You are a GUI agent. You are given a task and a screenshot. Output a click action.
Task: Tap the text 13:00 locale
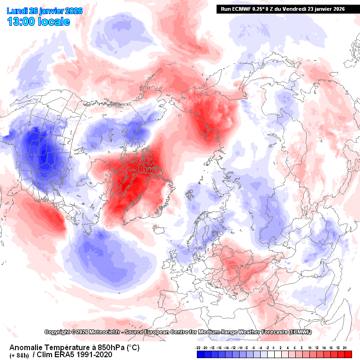pos(38,22)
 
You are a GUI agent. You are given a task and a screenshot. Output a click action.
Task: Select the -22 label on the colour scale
pos(198,347)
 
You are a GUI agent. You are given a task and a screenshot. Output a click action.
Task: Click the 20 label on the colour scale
pos(345,347)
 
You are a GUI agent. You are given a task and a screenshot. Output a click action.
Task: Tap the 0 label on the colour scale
pos(274,347)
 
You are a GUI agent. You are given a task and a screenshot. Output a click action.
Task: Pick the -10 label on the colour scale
pos(240,347)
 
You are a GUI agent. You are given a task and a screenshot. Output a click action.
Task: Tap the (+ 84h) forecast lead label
pos(19,355)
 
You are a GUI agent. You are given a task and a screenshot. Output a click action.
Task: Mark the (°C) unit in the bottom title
pos(131,347)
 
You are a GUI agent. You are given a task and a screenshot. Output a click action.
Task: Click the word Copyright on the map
pos(60,332)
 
